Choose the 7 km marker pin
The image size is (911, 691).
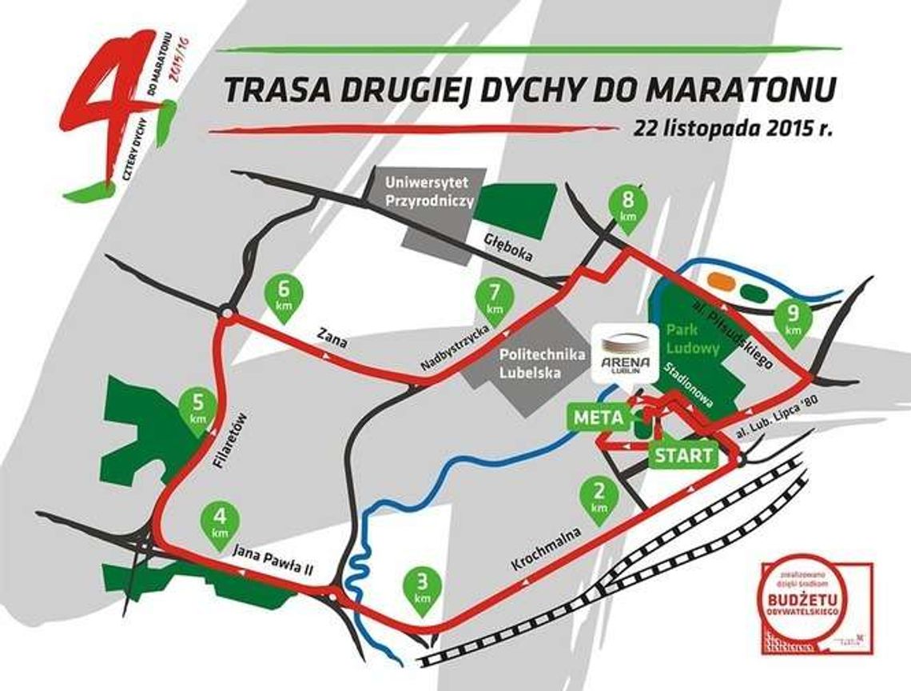coord(493,299)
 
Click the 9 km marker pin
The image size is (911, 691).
coord(793,319)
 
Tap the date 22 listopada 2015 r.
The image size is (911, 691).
coord(731,129)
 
